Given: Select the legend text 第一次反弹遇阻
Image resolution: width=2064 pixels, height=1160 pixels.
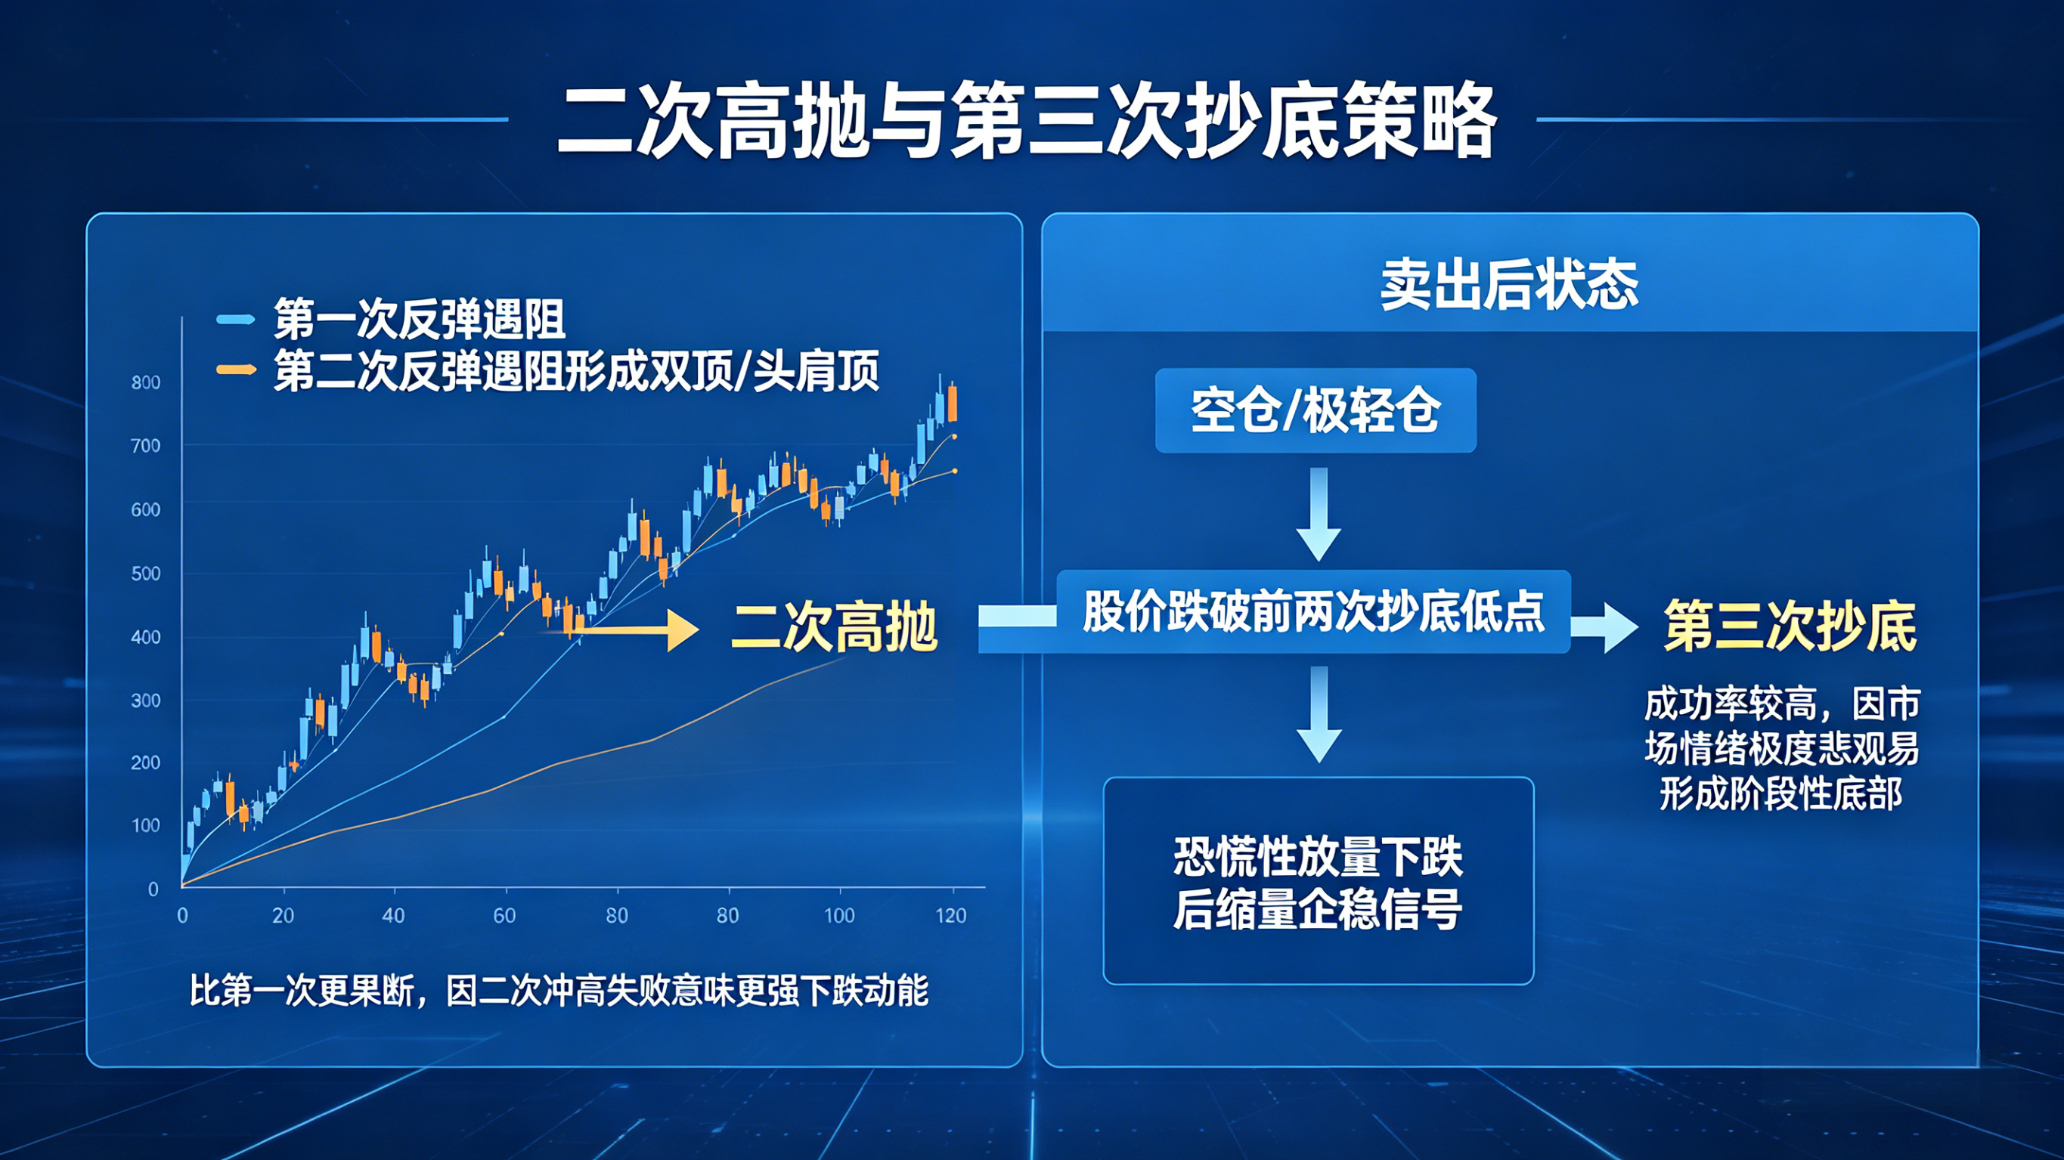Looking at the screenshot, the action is click(419, 319).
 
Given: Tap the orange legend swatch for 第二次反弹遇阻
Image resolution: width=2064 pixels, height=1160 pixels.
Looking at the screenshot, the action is click(236, 370).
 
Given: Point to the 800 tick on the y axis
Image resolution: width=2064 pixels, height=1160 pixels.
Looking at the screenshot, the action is click(146, 383).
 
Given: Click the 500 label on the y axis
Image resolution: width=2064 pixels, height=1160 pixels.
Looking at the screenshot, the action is click(146, 574).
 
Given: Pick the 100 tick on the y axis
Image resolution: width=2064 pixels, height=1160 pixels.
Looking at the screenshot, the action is click(146, 825).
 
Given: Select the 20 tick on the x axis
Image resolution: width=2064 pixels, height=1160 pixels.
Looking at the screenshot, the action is click(283, 916).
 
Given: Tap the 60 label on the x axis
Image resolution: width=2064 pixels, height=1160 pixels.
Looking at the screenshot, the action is click(504, 916).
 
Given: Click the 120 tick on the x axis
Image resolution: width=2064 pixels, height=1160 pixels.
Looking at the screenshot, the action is click(951, 916).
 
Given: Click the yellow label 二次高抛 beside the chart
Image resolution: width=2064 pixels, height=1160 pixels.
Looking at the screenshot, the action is click(834, 627).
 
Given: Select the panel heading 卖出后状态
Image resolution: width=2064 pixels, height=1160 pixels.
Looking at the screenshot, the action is click(1509, 285).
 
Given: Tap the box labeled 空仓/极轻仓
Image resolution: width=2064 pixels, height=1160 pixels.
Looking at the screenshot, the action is click(1316, 410).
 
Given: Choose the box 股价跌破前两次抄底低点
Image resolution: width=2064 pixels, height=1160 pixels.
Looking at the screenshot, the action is click(1313, 611).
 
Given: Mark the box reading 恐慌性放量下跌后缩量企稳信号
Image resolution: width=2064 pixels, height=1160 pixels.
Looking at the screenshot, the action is click(1318, 880).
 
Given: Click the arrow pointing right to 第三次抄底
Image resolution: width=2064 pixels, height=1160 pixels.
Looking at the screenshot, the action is click(1604, 627).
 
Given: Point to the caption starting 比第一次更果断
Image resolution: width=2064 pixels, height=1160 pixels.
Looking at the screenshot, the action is click(559, 991).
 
